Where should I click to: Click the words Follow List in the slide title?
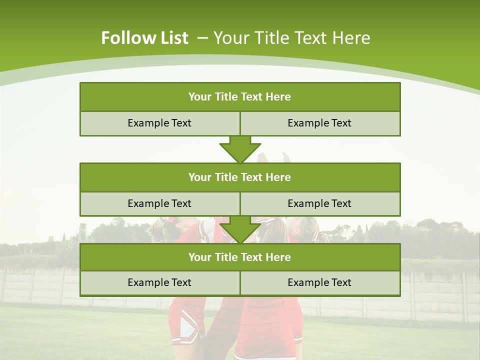(144, 38)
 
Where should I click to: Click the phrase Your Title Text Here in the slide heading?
(292, 38)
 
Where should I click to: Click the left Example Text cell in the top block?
(159, 123)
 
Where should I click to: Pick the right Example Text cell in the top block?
(319, 123)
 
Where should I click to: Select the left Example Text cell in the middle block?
(159, 204)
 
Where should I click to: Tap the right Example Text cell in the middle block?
(319, 204)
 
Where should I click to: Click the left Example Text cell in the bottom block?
(159, 283)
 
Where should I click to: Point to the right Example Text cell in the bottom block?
(319, 283)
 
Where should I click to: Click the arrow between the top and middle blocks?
(240, 149)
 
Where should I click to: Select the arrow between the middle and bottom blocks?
(240, 229)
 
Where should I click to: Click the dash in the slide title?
(203, 37)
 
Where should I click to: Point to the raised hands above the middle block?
(273, 158)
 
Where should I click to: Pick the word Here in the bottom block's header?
(278, 257)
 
